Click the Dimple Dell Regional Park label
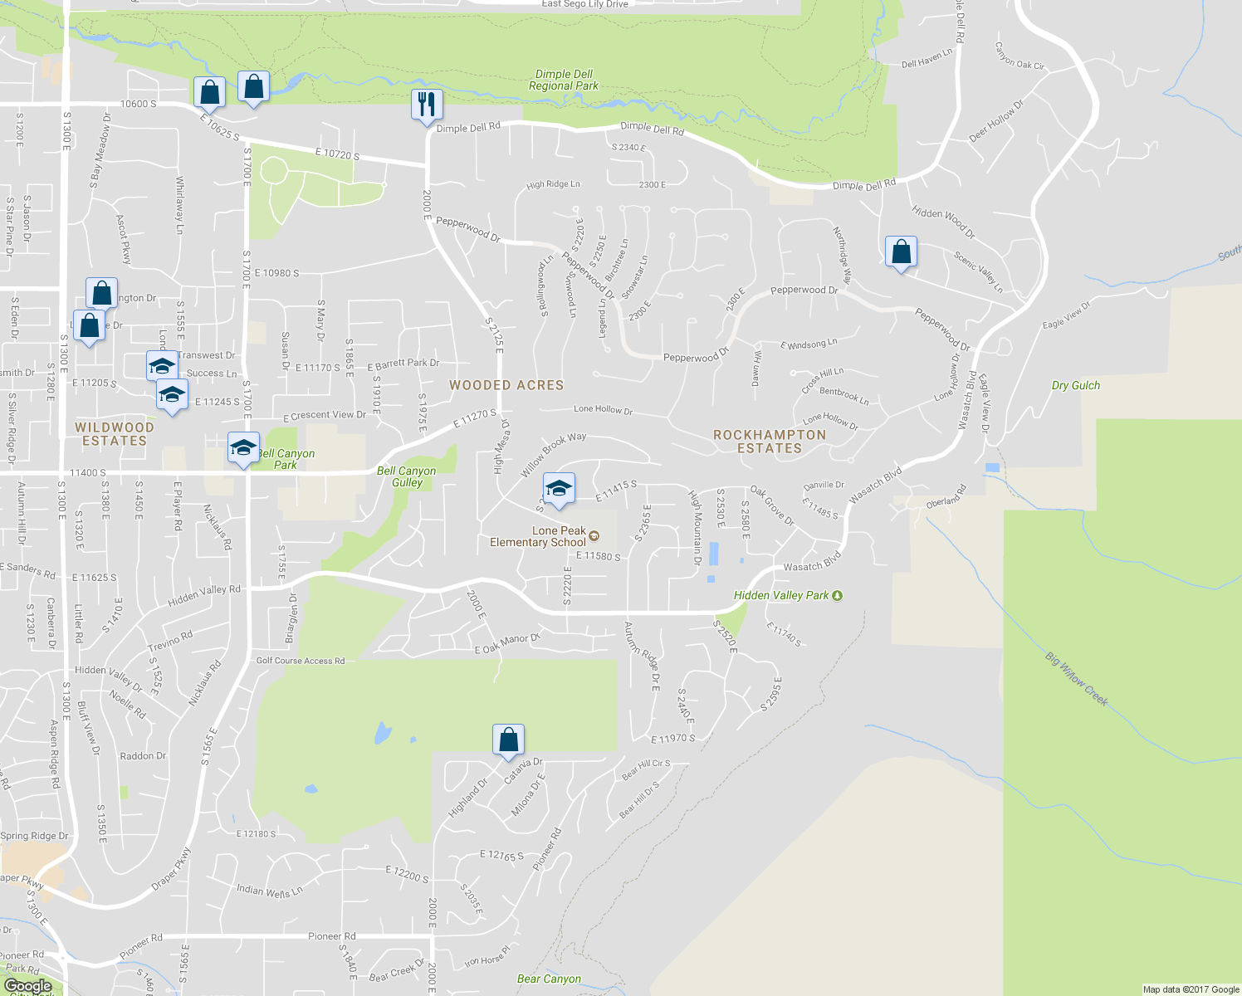tap(564, 80)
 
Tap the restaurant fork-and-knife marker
tap(427, 105)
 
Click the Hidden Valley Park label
tap(781, 595)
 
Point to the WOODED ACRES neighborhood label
tap(506, 385)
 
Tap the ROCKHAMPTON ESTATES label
tap(770, 442)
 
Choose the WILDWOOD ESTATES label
tap(115, 434)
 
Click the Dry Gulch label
tap(1075, 385)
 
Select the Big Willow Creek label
tap(1077, 679)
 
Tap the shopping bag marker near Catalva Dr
tap(508, 740)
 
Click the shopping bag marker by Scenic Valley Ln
tap(901, 252)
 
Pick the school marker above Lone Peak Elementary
tap(559, 489)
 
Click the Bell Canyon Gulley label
tap(407, 476)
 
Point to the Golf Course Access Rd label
tap(300, 661)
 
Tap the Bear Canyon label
tap(549, 979)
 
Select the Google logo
tap(27, 986)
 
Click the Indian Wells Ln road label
tap(269, 891)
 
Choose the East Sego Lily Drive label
tap(584, 4)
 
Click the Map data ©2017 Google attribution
tap(1191, 989)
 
